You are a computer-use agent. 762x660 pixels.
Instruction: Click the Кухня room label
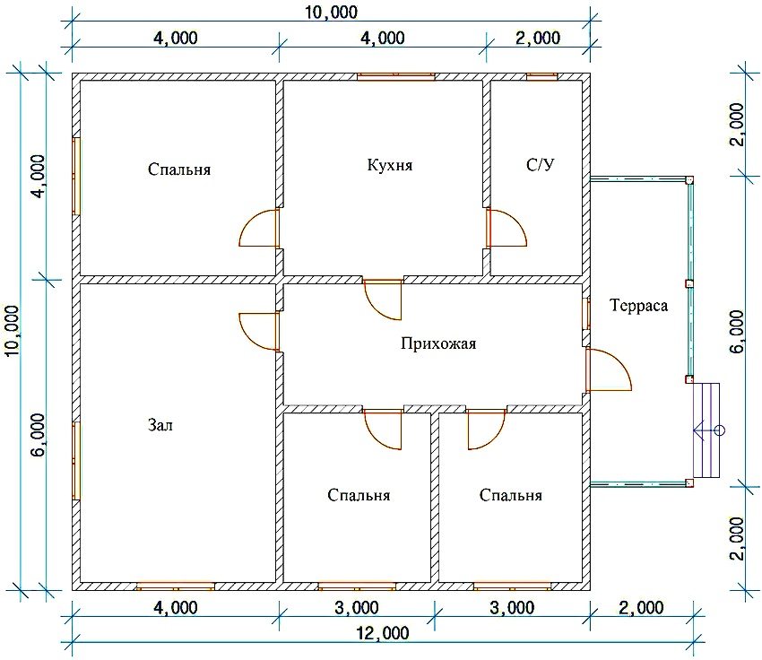pyautogui.click(x=390, y=165)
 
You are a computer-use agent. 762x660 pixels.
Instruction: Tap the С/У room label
pyautogui.click(x=540, y=165)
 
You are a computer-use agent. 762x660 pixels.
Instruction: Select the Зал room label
pyautogui.click(x=160, y=425)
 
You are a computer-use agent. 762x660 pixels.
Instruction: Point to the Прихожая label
pyautogui.click(x=438, y=343)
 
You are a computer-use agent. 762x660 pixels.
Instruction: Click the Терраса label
pyautogui.click(x=638, y=305)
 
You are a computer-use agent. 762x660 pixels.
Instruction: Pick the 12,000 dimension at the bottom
pyautogui.click(x=383, y=633)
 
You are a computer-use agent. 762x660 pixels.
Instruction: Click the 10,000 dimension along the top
pyautogui.click(x=331, y=13)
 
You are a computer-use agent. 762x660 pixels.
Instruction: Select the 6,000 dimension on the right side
pyautogui.click(x=737, y=332)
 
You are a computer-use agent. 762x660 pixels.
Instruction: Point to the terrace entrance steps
pyautogui.click(x=706, y=430)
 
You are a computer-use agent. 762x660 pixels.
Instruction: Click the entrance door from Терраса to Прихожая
pyautogui.click(x=608, y=369)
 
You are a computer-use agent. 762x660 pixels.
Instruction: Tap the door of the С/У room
pyautogui.click(x=507, y=228)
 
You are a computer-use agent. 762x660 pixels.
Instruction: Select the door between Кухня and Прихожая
pyautogui.click(x=384, y=300)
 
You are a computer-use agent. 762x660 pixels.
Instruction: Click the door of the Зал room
pyautogui.click(x=259, y=332)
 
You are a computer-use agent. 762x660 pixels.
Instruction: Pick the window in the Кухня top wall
pyautogui.click(x=395, y=76)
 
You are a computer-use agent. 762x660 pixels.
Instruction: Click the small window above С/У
pyautogui.click(x=541, y=76)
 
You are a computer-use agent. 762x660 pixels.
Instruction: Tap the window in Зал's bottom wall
pyautogui.click(x=175, y=586)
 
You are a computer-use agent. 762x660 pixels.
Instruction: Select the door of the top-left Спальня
pyautogui.click(x=259, y=228)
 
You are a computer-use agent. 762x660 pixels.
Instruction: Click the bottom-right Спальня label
pyautogui.click(x=510, y=495)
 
